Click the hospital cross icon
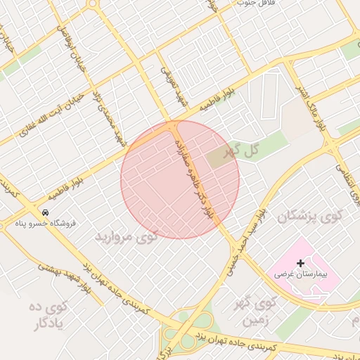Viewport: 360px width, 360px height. (x=301, y=262)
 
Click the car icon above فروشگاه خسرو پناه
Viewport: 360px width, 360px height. (x=45, y=212)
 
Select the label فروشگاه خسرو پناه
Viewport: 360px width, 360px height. (x=45, y=224)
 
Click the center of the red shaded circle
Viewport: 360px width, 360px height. (x=180, y=180)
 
